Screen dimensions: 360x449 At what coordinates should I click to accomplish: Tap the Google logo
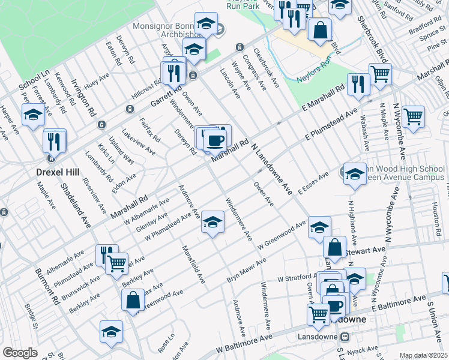pyautogui.click(x=20, y=353)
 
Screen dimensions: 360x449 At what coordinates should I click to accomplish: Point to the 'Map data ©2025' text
pyautogui.click(x=423, y=355)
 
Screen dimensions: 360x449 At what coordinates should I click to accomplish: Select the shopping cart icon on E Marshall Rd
pyautogui.click(x=380, y=74)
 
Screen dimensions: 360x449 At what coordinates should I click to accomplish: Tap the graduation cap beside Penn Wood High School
pyautogui.click(x=354, y=175)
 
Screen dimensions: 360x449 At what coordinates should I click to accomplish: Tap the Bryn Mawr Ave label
pyautogui.click(x=246, y=271)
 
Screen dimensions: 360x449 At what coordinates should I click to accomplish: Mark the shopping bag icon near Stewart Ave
pyautogui.click(x=334, y=246)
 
